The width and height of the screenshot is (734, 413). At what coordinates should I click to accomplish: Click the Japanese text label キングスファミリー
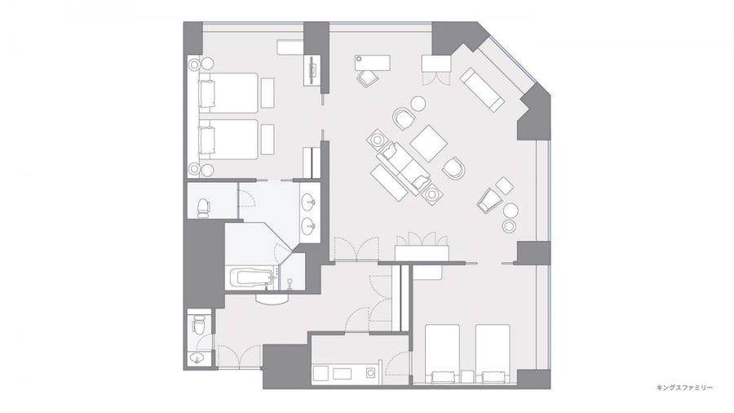(x=684, y=387)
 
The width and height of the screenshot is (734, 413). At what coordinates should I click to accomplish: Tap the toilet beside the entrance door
(x=198, y=324)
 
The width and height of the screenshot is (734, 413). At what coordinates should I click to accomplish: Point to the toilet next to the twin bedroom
(x=203, y=207)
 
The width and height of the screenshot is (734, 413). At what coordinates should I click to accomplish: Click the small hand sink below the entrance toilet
(x=197, y=359)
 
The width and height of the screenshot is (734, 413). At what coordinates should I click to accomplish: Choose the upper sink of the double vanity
(x=309, y=202)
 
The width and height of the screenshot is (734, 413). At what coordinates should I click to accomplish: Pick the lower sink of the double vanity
(x=309, y=227)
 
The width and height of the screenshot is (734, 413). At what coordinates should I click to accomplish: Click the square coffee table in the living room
(x=428, y=144)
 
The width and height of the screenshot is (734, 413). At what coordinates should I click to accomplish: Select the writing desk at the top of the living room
(x=373, y=63)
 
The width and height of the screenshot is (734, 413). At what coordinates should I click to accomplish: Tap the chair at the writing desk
(x=368, y=78)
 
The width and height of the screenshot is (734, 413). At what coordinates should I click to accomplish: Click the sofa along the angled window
(x=482, y=90)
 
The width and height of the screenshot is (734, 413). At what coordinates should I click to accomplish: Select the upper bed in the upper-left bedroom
(x=229, y=92)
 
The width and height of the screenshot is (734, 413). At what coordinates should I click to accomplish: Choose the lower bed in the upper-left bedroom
(x=229, y=140)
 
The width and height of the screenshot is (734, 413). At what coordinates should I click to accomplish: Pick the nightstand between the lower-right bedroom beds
(x=467, y=377)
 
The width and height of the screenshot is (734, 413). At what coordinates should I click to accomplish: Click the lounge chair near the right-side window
(x=489, y=199)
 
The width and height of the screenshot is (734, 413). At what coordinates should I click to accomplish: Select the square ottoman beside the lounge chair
(x=505, y=186)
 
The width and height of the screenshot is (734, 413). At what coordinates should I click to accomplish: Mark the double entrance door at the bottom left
(x=239, y=357)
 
